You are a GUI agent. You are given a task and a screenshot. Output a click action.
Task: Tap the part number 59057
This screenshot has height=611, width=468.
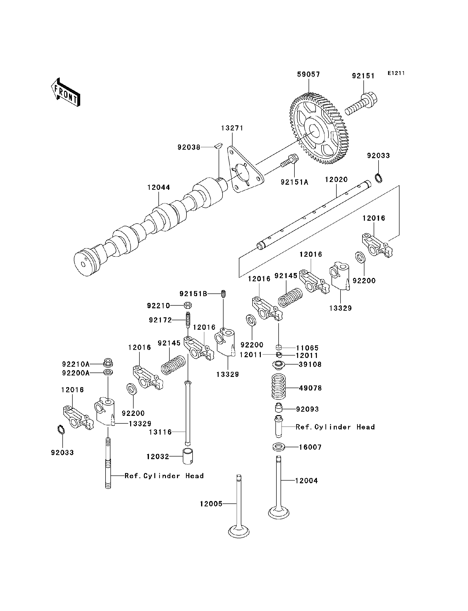[308, 74]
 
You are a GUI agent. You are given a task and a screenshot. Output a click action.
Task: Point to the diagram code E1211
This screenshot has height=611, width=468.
[396, 73]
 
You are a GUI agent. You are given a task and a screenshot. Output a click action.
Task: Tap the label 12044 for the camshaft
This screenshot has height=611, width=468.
[158, 187]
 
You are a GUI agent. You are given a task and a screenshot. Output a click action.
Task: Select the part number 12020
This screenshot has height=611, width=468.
[336, 180]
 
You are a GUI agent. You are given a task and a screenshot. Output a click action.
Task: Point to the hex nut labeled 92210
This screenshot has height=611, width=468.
[188, 305]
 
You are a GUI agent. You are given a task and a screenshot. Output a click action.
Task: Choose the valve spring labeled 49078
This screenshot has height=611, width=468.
[279, 387]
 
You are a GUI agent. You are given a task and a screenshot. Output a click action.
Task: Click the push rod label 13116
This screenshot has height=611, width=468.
[160, 432]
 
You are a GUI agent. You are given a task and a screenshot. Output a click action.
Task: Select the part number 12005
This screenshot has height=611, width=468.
[211, 504]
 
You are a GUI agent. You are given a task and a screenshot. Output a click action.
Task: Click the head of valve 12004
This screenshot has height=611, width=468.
[279, 512]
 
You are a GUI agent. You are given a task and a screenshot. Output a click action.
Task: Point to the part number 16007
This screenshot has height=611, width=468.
[310, 447]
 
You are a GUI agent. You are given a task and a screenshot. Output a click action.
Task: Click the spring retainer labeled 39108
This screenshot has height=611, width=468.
[278, 364]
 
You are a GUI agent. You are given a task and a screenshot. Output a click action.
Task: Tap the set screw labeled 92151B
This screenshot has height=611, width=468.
[223, 294]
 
